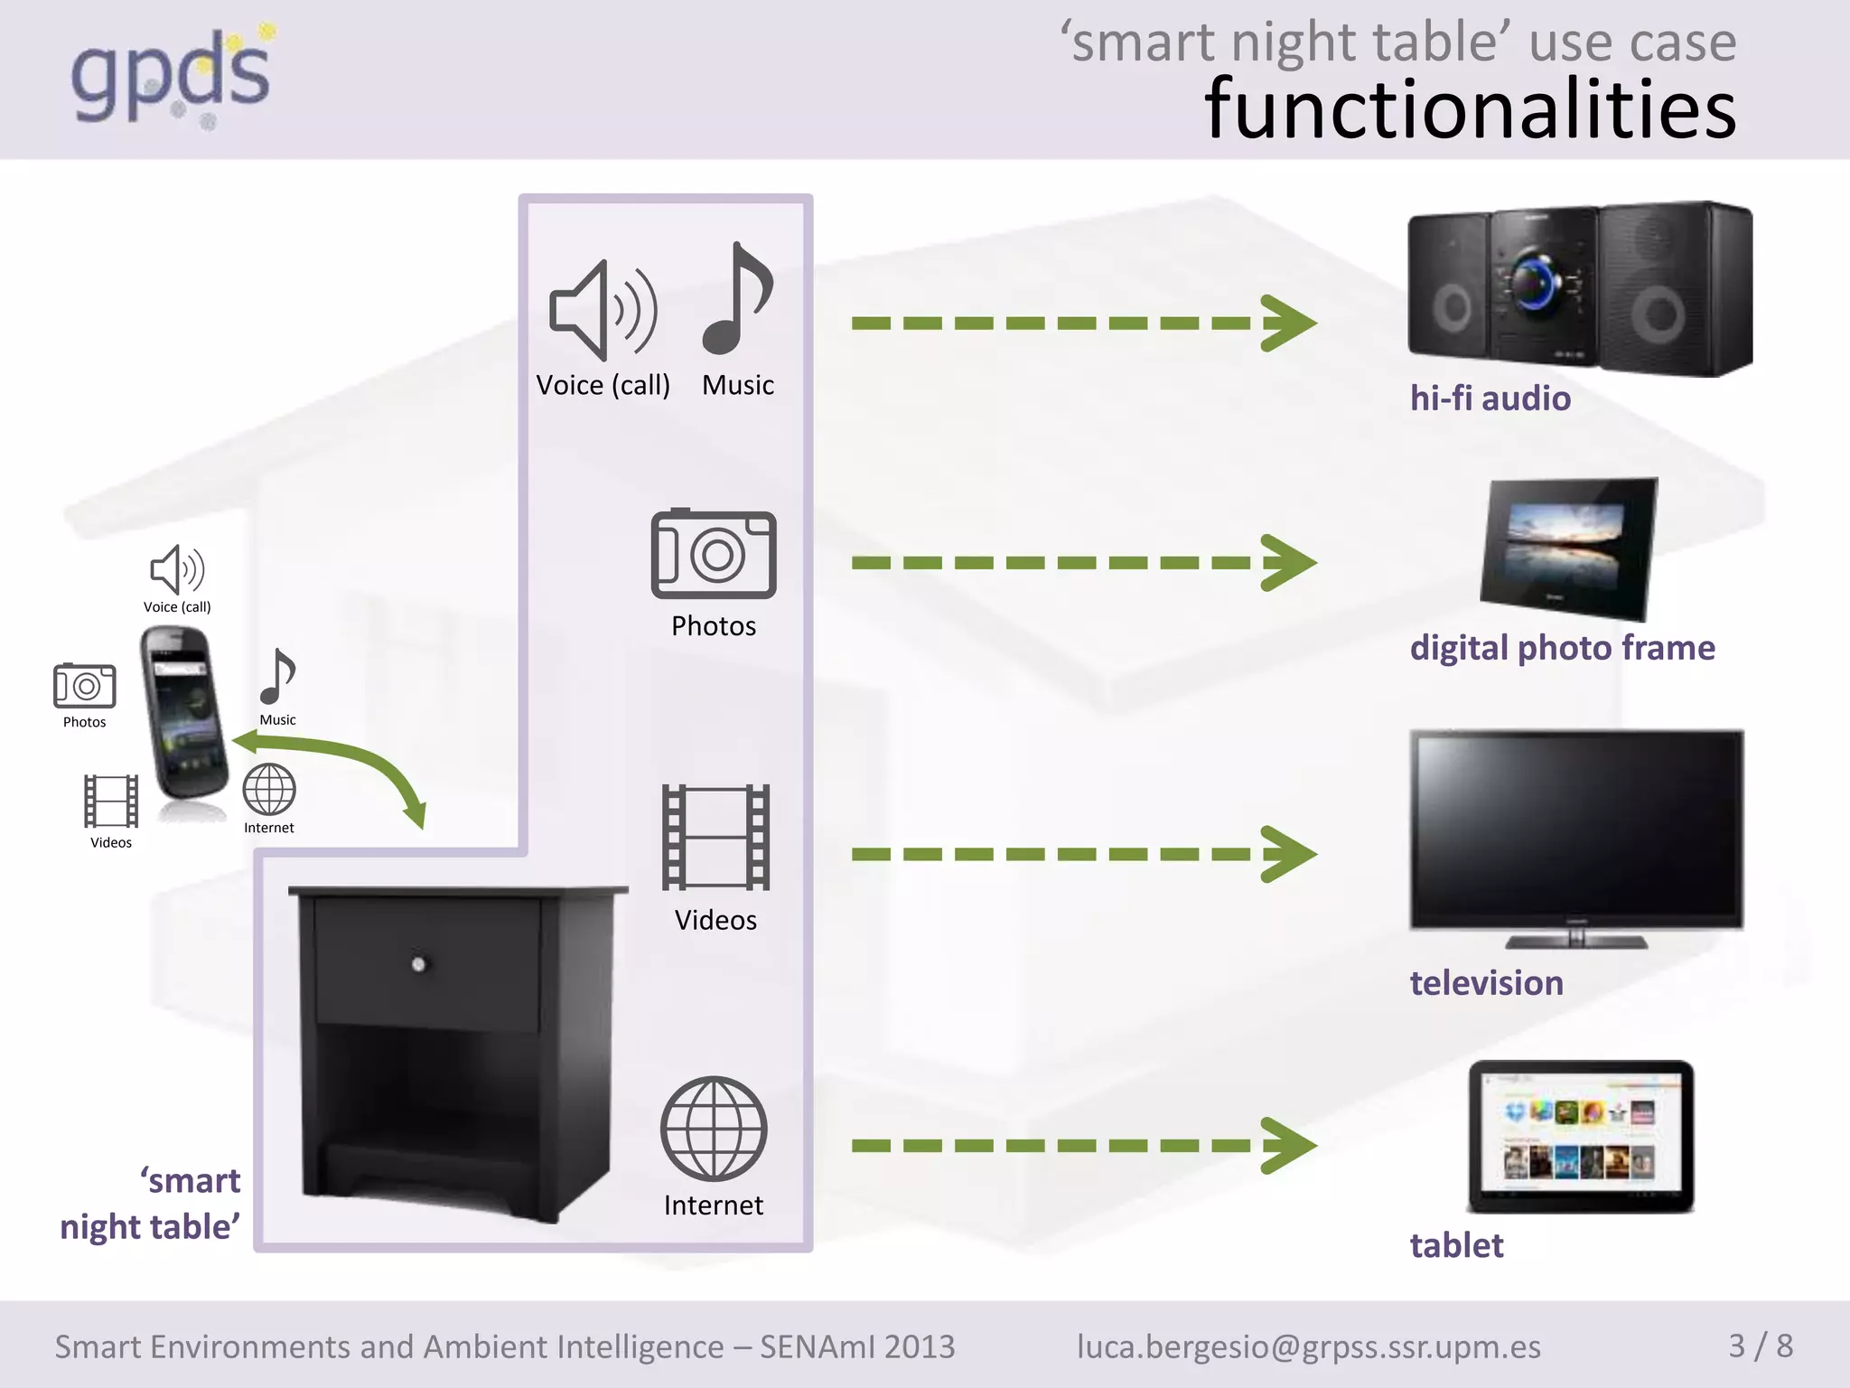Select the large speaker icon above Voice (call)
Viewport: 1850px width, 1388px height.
coord(603,310)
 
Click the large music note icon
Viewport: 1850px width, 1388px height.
coord(737,300)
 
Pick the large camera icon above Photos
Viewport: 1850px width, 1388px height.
coord(714,555)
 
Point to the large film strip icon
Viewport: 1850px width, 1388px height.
coord(715,838)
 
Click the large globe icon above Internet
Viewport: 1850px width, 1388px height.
coord(714,1129)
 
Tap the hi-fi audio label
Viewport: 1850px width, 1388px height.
coord(1490,399)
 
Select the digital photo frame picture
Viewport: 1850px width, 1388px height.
coord(1570,548)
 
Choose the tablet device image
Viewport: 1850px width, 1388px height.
coord(1580,1136)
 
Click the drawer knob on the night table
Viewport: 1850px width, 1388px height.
coord(418,964)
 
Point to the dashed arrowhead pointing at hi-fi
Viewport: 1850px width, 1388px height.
coord(1289,323)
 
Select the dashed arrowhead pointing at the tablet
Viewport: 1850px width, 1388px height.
coord(1289,1146)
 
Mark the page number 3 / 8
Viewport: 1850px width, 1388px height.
coord(1761,1346)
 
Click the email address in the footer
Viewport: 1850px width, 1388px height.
coord(1309,1346)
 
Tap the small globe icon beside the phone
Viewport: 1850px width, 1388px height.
coord(269,790)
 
